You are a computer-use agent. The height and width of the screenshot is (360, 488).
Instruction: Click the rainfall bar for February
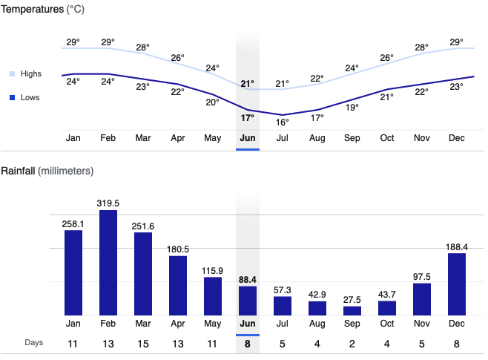(x=108, y=264)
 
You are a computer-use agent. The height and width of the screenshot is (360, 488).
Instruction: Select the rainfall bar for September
(x=352, y=311)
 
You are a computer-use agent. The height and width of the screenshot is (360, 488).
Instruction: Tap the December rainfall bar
(x=457, y=285)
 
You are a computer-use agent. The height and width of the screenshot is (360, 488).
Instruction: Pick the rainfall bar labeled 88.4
(x=248, y=301)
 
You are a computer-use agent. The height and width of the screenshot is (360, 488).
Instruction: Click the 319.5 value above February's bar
(x=108, y=202)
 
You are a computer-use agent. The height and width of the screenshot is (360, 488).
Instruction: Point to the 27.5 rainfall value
(x=352, y=298)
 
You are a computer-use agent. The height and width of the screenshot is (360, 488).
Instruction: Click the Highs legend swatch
(x=13, y=74)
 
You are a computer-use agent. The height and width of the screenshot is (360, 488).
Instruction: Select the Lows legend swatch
(x=13, y=97)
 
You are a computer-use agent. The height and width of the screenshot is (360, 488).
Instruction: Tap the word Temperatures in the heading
(x=32, y=10)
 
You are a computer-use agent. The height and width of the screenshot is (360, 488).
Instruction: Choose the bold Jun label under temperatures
(x=248, y=138)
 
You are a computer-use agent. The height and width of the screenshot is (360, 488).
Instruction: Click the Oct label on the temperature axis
(x=387, y=138)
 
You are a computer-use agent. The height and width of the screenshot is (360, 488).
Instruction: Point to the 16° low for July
(x=282, y=122)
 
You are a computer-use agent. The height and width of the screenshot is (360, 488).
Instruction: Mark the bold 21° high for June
(x=247, y=83)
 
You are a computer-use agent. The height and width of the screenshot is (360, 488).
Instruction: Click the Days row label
(x=34, y=342)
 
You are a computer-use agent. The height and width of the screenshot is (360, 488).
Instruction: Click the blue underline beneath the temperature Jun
(x=248, y=149)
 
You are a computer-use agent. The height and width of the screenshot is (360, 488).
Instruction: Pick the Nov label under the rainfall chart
(x=422, y=324)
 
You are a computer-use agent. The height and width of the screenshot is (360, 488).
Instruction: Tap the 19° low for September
(x=352, y=107)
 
